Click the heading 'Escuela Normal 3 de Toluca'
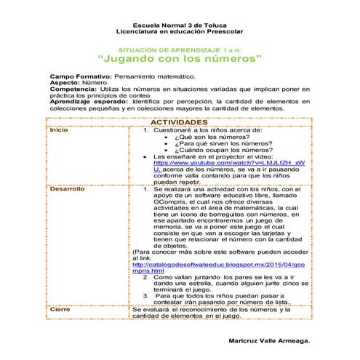point(179,26)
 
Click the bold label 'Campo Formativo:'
point(80,76)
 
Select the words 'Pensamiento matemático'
point(153,76)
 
